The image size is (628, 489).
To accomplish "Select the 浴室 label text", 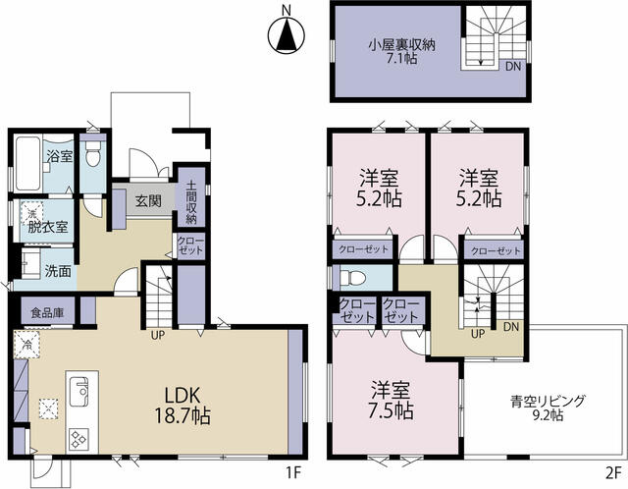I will coord(60,156).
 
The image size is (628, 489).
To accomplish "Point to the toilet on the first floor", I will coord(93,156).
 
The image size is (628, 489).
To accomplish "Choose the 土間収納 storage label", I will coord(191,203).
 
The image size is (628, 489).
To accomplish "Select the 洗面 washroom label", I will coord(57,271).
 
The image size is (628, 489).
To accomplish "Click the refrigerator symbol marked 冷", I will coord(27,344).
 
